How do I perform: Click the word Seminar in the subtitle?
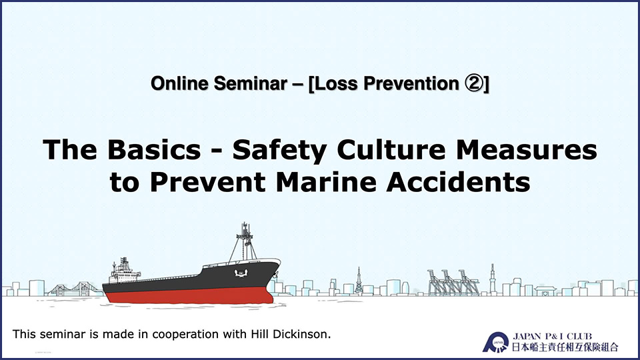(x=250, y=84)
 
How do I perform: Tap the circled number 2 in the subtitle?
(x=473, y=84)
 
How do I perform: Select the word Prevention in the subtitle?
(x=411, y=84)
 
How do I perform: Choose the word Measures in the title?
(x=527, y=149)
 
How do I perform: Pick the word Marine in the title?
(x=326, y=182)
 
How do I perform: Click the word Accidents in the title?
(x=459, y=182)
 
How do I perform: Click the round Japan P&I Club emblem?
(x=496, y=343)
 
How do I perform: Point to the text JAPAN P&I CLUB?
(x=552, y=336)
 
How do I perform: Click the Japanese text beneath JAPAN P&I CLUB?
(x=565, y=347)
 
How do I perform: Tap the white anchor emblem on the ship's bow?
(x=241, y=272)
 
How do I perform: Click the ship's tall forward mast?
(x=244, y=242)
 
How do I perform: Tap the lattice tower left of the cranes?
(x=359, y=281)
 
